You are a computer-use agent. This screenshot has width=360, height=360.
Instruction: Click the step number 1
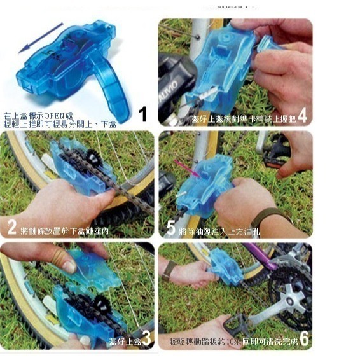[142, 114]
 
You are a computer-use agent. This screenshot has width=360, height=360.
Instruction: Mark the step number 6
[304, 339]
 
